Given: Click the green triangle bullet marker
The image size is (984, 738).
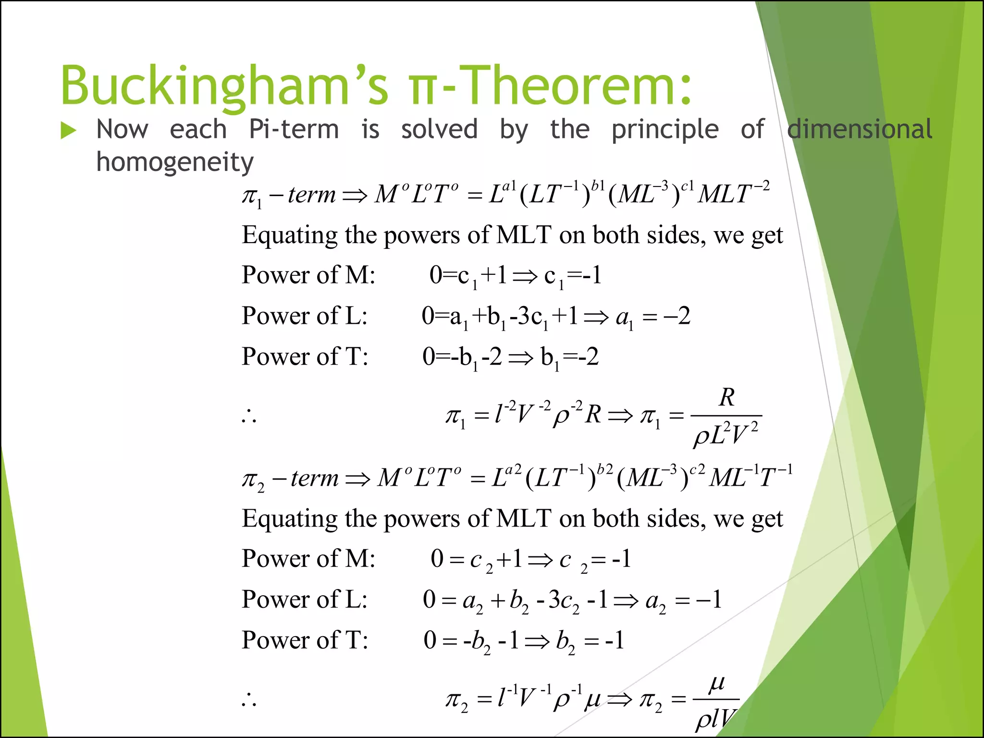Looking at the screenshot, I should point(68,131).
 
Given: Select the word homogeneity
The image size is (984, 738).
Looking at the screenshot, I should point(174,162).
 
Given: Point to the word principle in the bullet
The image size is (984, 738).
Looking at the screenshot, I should point(665,130).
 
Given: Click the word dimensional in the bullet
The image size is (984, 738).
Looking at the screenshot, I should point(860,130).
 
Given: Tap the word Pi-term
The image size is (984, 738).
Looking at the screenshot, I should point(294,130).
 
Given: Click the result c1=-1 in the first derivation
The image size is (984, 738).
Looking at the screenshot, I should point(573,276).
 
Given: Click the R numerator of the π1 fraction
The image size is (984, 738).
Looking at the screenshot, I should point(726,398).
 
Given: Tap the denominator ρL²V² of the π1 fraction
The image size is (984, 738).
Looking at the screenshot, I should point(726,434).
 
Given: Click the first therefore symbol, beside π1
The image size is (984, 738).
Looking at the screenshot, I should point(249,416).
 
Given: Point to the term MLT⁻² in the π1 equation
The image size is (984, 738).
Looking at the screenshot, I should point(733,193).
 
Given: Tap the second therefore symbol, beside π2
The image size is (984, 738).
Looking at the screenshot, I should point(249,700).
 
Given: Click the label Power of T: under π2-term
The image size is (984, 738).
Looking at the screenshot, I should point(305,640).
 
